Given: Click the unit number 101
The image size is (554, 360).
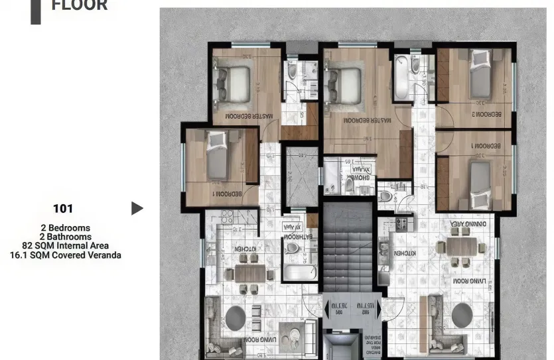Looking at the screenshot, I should point(63,209).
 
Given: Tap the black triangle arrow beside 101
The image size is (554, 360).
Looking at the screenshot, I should point(137,209).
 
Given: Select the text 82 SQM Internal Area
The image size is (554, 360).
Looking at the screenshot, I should point(65,245).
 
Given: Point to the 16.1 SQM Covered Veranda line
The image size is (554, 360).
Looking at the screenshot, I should point(65,255).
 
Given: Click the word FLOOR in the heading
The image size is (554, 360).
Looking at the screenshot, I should point(80,6).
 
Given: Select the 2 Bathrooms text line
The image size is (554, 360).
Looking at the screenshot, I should point(65,237).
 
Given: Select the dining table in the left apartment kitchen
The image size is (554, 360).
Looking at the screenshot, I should point(249,272).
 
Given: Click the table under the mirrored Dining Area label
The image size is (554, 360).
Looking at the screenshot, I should point(462,246).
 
